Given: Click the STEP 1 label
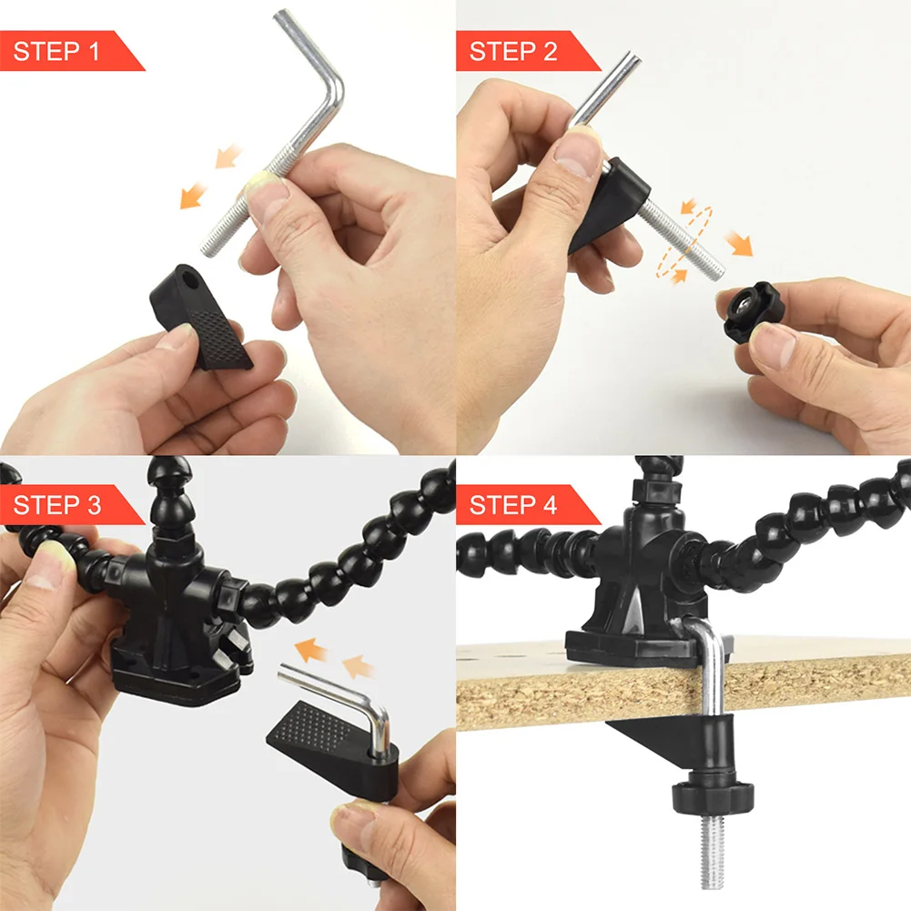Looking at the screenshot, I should click(x=56, y=51).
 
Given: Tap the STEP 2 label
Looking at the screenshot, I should click(x=512, y=51).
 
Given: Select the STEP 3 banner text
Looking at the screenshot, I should click(x=56, y=505).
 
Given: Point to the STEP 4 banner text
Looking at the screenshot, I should click(x=512, y=505).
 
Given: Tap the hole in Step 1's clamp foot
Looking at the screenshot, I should click(x=186, y=274).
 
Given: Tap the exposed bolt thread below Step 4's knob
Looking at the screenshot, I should click(x=710, y=855).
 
